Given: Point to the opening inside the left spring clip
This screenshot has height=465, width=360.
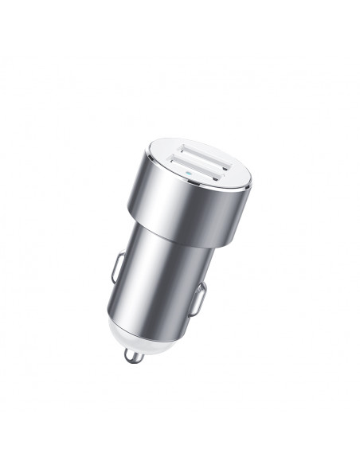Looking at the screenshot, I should pyautogui.click(x=119, y=266).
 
